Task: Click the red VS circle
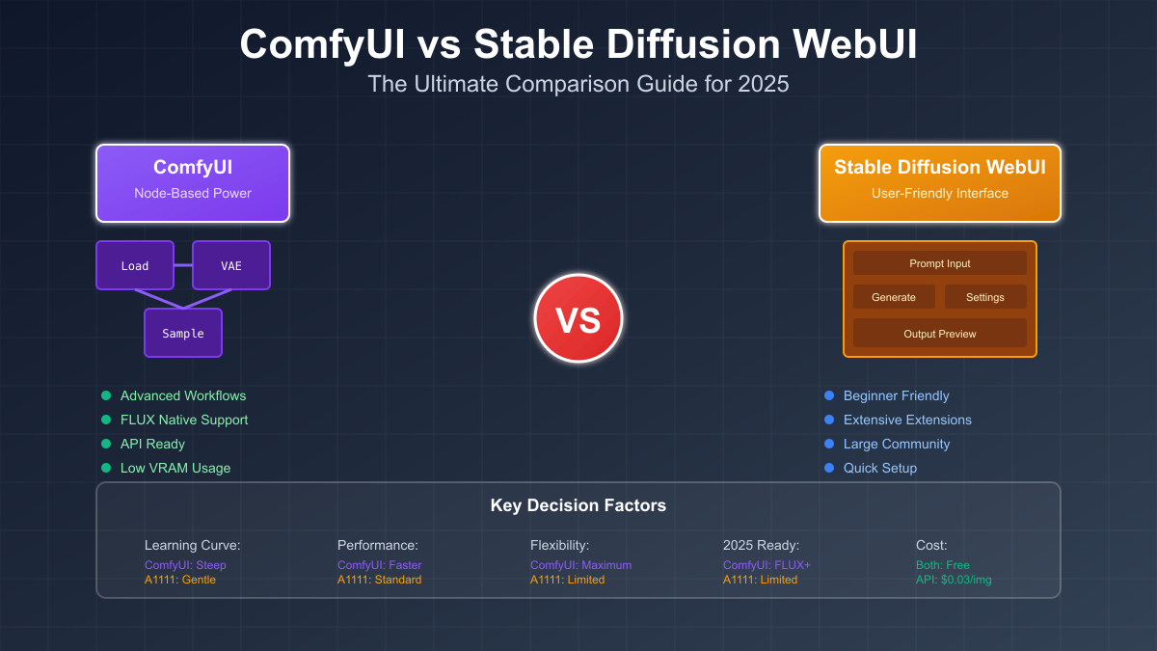pyautogui.click(x=578, y=318)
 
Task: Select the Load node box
pyautogui.click(x=135, y=265)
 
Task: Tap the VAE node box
pyautogui.click(x=231, y=265)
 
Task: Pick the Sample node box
pyautogui.click(x=183, y=333)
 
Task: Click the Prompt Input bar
pyautogui.click(x=940, y=263)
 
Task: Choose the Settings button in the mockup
pyautogui.click(x=985, y=297)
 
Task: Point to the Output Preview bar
pyautogui.click(x=940, y=334)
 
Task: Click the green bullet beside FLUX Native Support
pyautogui.click(x=106, y=420)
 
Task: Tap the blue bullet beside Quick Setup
pyautogui.click(x=829, y=468)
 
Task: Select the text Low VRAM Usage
pyautogui.click(x=175, y=468)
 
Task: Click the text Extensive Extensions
pyautogui.click(x=907, y=420)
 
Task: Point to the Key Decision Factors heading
pyautogui.click(x=578, y=505)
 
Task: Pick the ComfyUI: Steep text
pyautogui.click(x=185, y=565)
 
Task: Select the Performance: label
pyautogui.click(x=378, y=545)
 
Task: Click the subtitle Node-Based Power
pyautogui.click(x=193, y=193)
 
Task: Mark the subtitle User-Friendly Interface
pyautogui.click(x=940, y=193)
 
